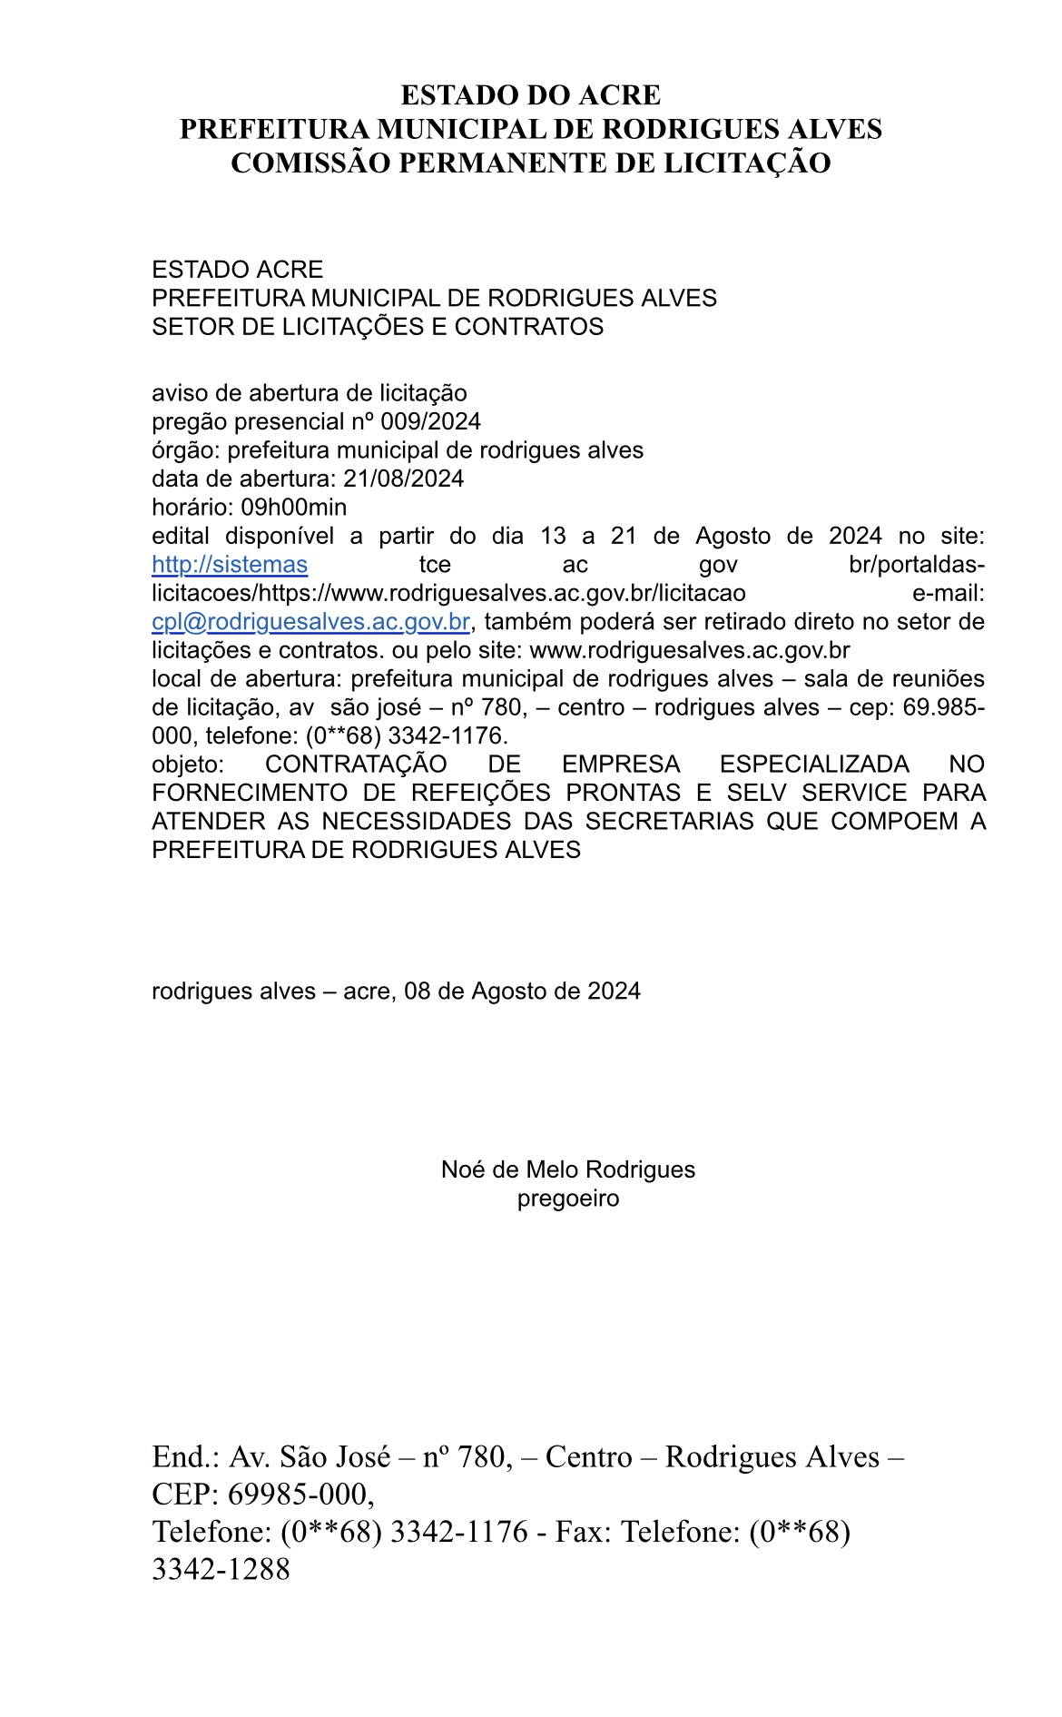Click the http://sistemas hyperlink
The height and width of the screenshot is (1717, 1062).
[230, 565]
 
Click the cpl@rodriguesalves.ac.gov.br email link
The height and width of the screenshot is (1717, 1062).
[310, 622]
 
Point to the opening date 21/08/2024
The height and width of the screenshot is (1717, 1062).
[403, 479]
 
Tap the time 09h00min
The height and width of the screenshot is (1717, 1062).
[293, 508]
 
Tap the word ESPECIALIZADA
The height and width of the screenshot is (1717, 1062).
[814, 765]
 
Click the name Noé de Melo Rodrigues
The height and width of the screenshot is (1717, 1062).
[568, 1169]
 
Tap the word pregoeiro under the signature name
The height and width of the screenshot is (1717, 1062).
[568, 1199]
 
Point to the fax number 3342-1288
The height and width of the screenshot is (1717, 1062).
[221, 1568]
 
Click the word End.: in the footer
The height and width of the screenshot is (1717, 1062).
[186, 1456]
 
